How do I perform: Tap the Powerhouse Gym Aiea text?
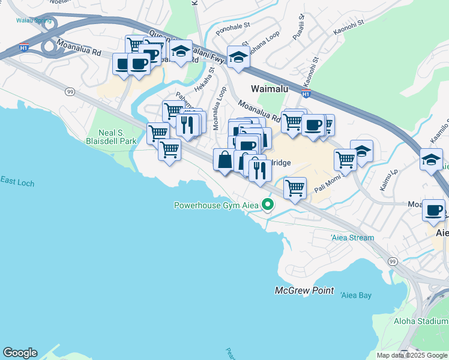click(x=216, y=205)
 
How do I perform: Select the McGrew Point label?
click(x=304, y=290)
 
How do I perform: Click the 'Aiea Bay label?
click(x=356, y=295)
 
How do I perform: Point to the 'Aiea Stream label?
click(x=352, y=238)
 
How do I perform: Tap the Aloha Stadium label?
click(x=420, y=321)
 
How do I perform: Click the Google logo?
click(x=20, y=353)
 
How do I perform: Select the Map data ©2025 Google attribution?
click(x=411, y=355)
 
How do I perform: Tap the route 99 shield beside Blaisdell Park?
click(x=70, y=91)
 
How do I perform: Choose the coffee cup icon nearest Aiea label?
click(x=434, y=211)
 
